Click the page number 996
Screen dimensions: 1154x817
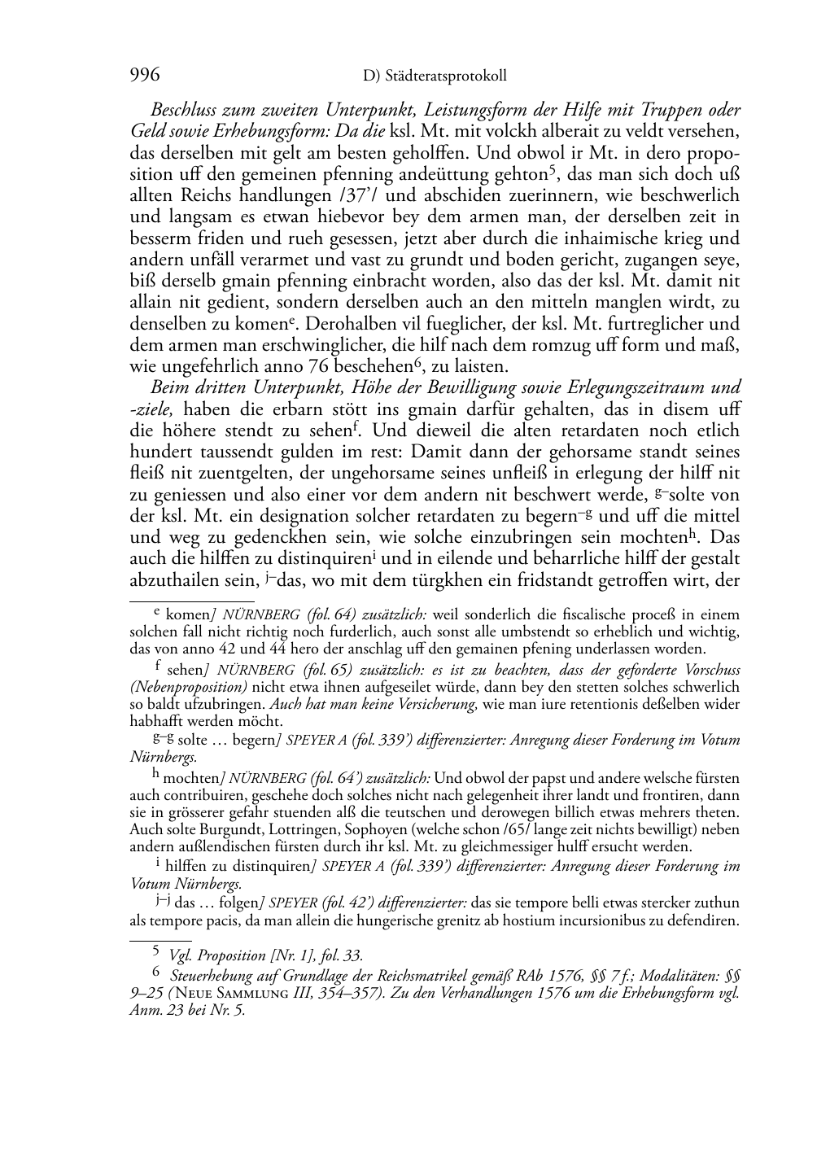point(144,76)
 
